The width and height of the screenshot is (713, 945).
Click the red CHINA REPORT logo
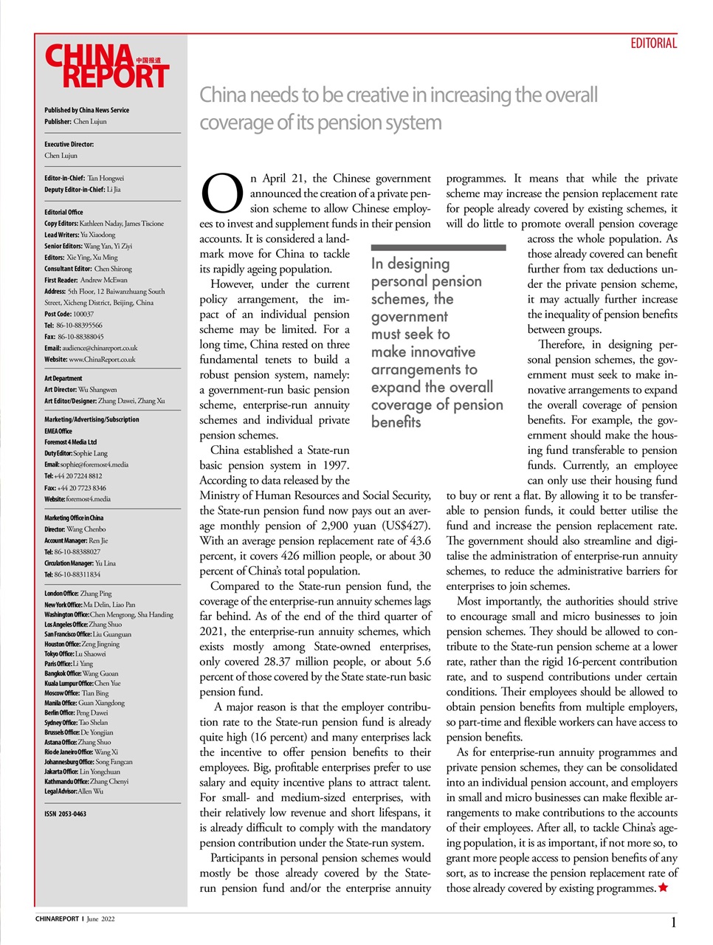108,66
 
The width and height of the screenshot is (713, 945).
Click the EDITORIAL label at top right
653,44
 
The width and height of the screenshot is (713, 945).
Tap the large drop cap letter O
221,193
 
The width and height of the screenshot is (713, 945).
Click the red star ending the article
663,887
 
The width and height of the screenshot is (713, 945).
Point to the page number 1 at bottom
673,922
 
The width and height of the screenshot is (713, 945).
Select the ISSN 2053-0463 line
65,814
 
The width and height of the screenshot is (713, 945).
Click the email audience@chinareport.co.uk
100,348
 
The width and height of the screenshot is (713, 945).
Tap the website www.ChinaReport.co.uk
102,360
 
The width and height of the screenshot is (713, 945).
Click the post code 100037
83,314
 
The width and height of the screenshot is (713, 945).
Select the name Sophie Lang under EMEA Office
90,453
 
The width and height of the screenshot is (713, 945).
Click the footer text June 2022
101,919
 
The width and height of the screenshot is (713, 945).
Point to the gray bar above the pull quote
438,247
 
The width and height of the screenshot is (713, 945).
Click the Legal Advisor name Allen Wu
90,791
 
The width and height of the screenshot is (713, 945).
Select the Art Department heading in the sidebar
63,378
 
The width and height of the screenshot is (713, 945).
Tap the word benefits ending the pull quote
396,422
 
